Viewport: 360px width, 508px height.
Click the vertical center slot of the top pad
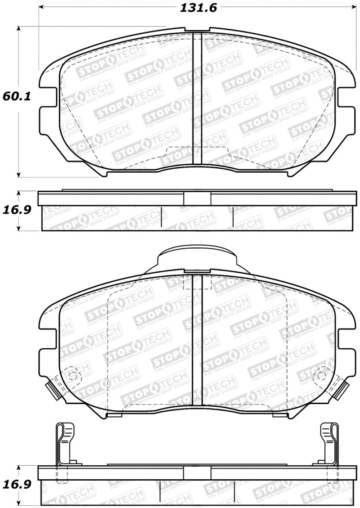point(197,99)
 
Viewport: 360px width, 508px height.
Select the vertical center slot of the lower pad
point(198,340)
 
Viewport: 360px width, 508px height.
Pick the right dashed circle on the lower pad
point(323,375)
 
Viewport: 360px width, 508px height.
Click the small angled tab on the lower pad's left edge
point(54,388)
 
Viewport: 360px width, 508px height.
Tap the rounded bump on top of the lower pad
point(197,259)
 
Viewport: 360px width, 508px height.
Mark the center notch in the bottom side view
point(197,472)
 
